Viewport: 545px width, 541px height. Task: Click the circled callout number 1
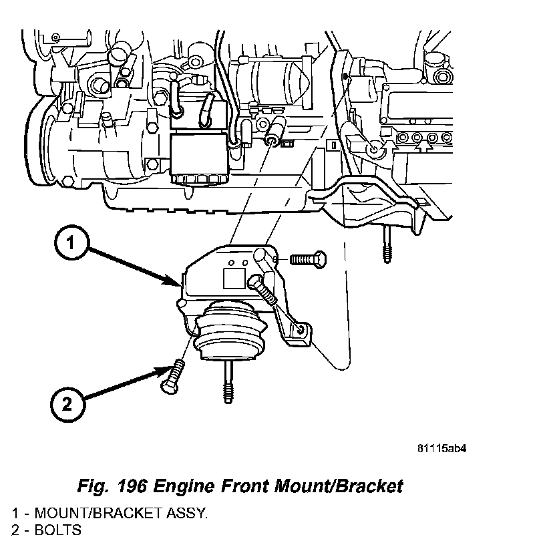click(x=69, y=244)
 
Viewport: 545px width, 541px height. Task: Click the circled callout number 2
click(x=67, y=403)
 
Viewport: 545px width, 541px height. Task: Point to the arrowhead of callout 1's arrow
click(x=177, y=285)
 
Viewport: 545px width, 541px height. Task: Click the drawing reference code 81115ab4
click(x=441, y=448)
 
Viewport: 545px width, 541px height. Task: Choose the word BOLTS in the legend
click(x=58, y=530)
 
